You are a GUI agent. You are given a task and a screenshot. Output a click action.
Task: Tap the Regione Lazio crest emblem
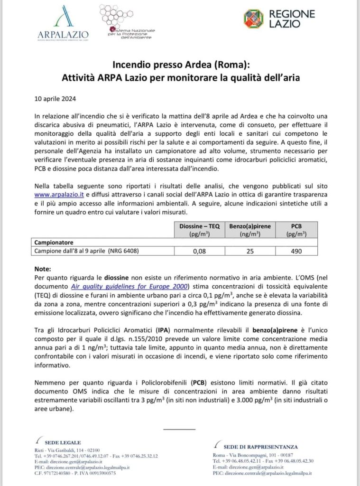(254, 19)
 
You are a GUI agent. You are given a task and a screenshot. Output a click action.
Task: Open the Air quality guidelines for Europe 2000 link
(129, 286)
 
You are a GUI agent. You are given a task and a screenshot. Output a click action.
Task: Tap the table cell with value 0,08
(199, 251)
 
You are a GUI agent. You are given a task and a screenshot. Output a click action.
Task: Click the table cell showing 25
(249, 251)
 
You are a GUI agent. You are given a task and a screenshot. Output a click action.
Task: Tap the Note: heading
(43, 269)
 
